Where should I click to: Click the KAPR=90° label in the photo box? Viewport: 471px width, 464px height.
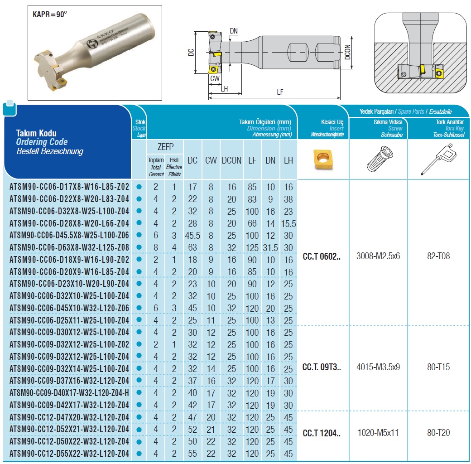pyautogui.click(x=50, y=14)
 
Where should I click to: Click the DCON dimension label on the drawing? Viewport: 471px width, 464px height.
pyautogui.click(x=347, y=52)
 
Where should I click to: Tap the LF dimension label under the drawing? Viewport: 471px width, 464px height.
pyautogui.click(x=280, y=92)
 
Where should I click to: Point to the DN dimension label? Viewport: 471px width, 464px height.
pyautogui.click(x=234, y=31)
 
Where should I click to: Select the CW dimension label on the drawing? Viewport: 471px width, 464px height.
pyautogui.click(x=215, y=78)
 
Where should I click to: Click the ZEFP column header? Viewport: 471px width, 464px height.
pyautogui.click(x=165, y=147)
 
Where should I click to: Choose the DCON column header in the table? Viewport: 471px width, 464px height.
pyautogui.click(x=231, y=160)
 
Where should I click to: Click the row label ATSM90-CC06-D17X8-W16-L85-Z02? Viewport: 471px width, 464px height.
pyautogui.click(x=69, y=187)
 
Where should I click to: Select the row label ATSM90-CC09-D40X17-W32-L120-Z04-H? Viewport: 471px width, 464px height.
pyautogui.click(x=69, y=393)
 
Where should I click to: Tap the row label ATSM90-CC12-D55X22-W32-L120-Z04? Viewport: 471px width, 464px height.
pyautogui.click(x=69, y=454)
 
